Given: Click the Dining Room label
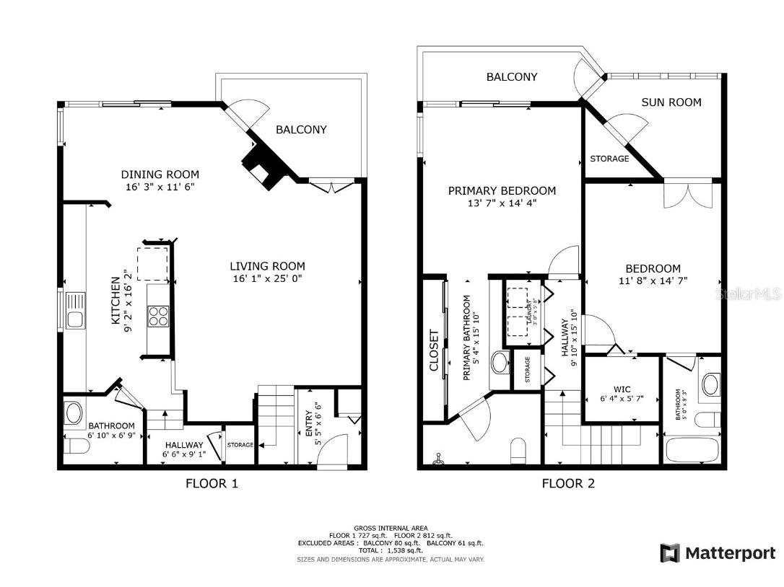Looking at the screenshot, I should pos(160,175).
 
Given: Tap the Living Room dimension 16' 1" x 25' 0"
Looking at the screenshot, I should pos(268,278).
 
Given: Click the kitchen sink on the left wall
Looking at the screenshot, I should pos(75,310).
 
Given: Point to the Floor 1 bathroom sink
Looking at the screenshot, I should pos(74,412).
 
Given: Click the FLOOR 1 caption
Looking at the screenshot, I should pos(212,483).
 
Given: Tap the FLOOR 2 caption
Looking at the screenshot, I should pos(568,483).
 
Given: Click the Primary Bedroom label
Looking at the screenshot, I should pos(502,191).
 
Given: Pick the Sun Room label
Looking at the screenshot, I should pos(671,102).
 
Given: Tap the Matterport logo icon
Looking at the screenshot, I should pos(670,553).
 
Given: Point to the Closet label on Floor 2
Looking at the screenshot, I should pos(434,350).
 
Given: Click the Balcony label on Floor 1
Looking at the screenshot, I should pos(301,130).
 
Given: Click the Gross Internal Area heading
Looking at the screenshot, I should pos(391,528).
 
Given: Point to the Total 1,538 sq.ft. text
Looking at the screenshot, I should pos(391,551).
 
